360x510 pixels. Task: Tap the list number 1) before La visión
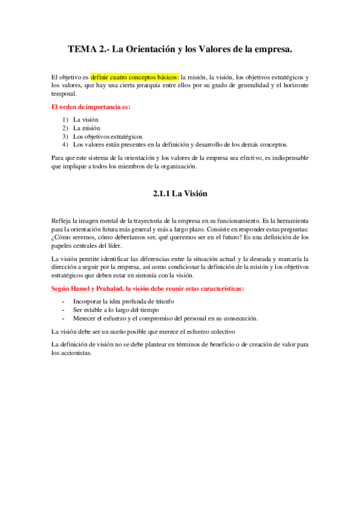tap(65, 120)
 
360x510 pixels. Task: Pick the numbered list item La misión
tap(87, 128)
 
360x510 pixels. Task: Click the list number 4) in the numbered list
tap(65, 145)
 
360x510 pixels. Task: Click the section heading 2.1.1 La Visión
tap(180, 194)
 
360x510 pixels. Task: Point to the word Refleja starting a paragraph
tap(61, 221)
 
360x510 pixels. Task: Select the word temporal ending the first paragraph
tap(64, 94)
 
